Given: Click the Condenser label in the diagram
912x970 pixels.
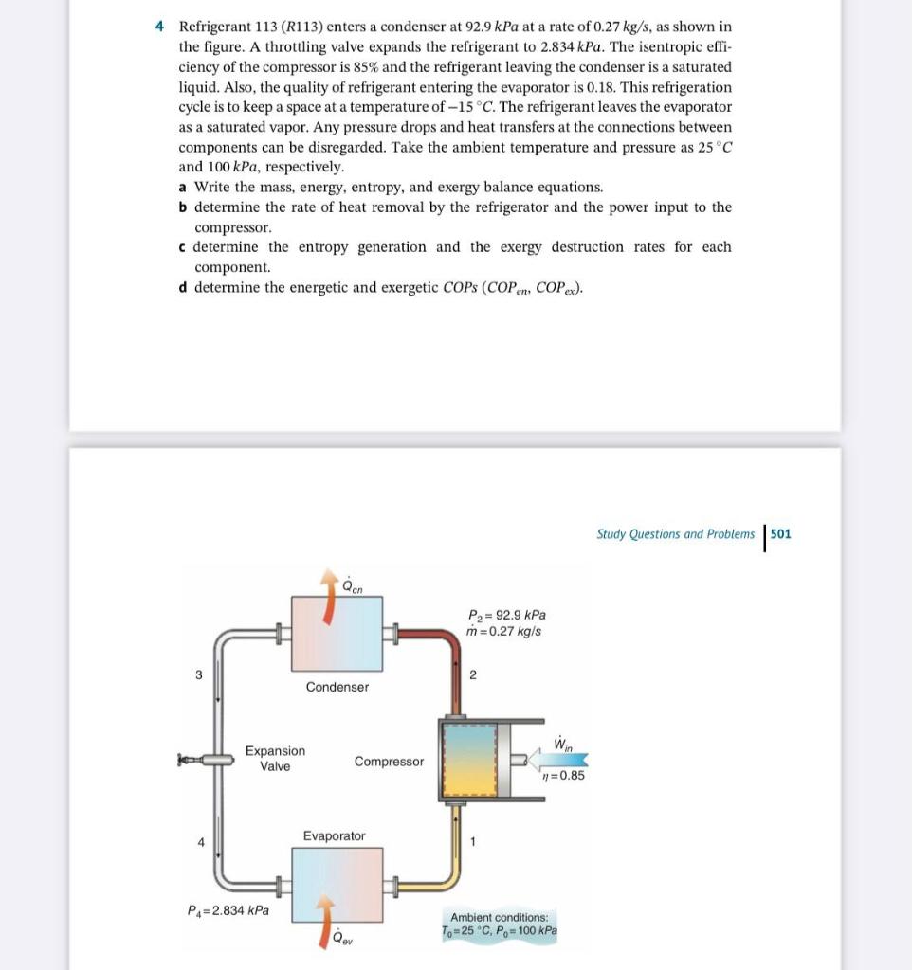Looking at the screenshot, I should click(337, 687).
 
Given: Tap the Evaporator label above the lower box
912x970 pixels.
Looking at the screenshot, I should click(334, 835).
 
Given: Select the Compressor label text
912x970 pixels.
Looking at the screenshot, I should click(389, 762).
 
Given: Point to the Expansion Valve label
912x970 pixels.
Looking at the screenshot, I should click(275, 758).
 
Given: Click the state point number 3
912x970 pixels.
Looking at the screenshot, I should click(199, 675).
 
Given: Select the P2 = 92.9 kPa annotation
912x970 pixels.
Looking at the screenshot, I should click(507, 614).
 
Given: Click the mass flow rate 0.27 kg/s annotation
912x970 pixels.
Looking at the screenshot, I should click(506, 631).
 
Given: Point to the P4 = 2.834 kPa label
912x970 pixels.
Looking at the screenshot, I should click(228, 910).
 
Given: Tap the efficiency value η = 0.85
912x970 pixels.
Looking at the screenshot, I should click(562, 775).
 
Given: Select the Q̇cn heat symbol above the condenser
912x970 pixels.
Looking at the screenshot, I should click(351, 584).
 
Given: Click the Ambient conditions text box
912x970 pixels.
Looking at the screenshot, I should click(500, 924).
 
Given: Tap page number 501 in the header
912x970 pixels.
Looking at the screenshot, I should click(780, 534).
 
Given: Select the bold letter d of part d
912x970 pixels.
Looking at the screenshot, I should click(182, 287).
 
